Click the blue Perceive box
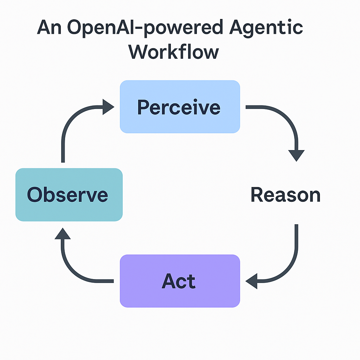pos(180,107)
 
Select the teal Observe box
pos(69,194)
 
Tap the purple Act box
pos(180,281)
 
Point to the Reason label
pos(285,195)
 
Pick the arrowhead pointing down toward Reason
pos(296,155)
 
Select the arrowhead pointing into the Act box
pos(252,281)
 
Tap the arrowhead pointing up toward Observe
pos(63,233)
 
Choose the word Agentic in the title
pos(266,27)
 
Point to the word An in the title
pos(50,27)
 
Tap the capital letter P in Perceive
pos(143,107)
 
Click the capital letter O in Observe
pos(35,194)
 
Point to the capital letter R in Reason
pos(257,195)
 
